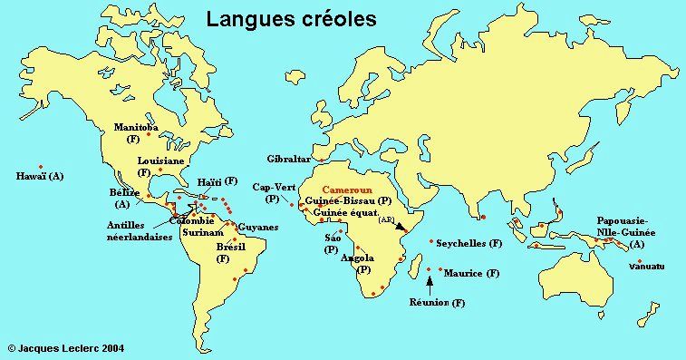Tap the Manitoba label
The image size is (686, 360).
pos(136,129)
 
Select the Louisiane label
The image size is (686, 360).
pos(161,161)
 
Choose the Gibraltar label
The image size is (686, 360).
pos(289,158)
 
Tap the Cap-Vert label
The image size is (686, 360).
pos(275,186)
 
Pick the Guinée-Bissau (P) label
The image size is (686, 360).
pos(348,199)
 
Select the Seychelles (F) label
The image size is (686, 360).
pos(469,244)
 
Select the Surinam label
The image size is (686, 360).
pos(203,233)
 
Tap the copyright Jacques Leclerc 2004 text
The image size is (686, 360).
pos(65,346)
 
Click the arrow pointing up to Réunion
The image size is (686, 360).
pos(429,283)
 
